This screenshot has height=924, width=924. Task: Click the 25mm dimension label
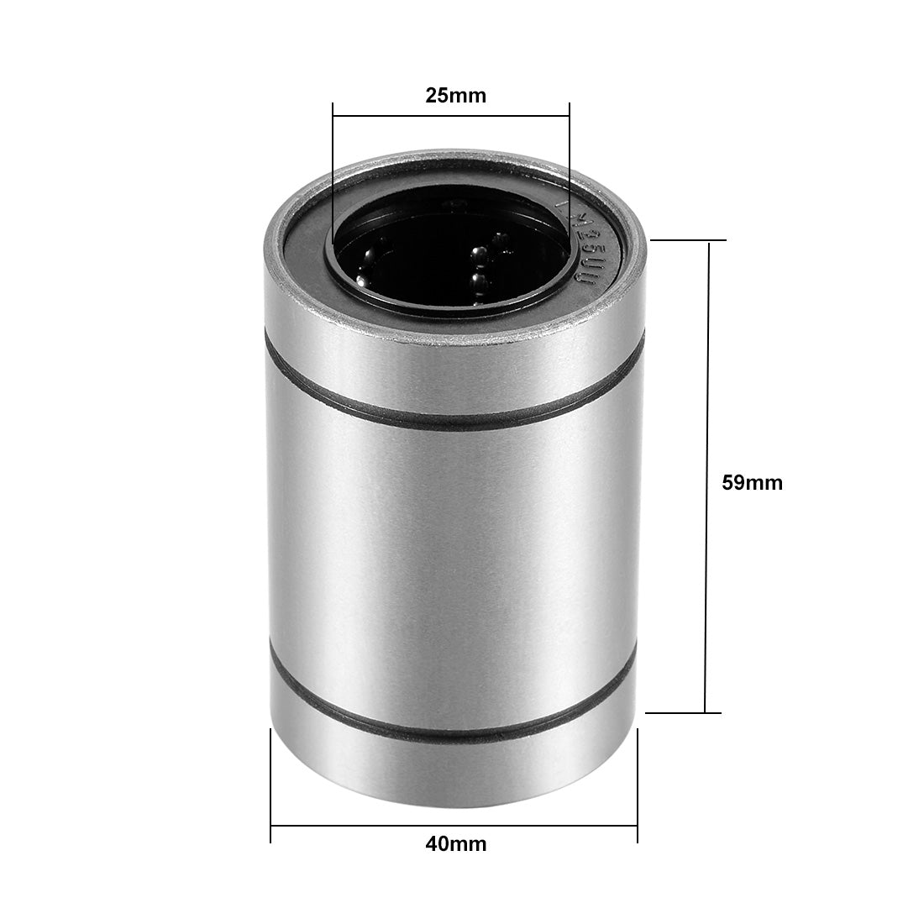coord(455,96)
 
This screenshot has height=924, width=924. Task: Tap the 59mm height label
coord(752,483)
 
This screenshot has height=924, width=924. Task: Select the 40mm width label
coord(455,844)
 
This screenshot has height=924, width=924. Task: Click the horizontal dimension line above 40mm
coord(454,825)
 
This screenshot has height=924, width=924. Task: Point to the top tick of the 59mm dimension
coord(689,240)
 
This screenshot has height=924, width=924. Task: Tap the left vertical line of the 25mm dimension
coord(333,168)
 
